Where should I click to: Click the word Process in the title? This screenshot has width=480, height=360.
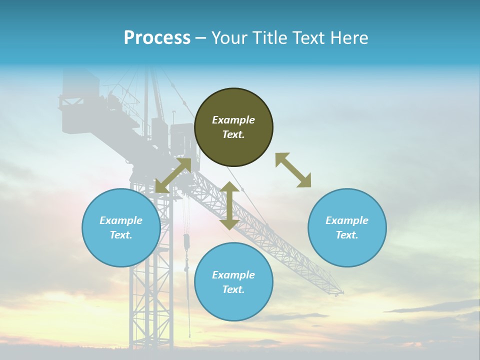pos(157,38)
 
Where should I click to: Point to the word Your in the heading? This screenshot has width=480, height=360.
pos(231,38)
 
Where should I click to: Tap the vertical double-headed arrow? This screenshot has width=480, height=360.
pos(229,205)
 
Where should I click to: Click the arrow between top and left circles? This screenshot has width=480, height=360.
pos(173,175)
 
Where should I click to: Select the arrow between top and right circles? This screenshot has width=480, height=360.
pos(293,170)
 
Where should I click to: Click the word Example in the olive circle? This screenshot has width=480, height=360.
pos(233,120)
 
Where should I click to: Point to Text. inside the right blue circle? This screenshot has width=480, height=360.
pos(347,235)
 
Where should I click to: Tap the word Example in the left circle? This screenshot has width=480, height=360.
pos(121,220)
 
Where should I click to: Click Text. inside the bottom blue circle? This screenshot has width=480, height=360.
pos(233,289)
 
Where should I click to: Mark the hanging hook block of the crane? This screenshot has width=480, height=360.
pos(187,242)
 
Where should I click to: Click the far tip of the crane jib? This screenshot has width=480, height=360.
pos(341,291)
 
